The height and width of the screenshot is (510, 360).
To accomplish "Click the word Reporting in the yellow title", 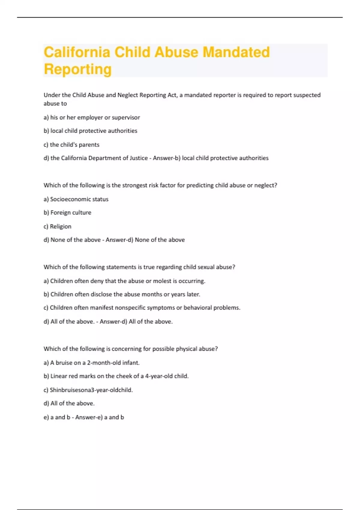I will [78, 69].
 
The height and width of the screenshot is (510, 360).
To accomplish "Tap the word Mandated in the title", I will [236, 52].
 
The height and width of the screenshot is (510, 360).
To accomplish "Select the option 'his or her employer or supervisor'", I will [95, 118].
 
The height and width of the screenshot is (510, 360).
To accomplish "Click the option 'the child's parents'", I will [74, 145].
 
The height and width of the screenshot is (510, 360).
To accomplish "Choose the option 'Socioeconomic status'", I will [79, 199].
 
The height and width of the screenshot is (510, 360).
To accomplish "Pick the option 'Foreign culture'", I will [71, 213].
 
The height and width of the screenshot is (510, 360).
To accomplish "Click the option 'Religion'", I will [61, 226].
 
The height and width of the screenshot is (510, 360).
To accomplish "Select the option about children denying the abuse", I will [127, 281].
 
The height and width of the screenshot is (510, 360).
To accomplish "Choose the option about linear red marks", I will [119, 376].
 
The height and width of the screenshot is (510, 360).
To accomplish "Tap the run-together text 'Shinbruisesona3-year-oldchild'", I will [91, 390].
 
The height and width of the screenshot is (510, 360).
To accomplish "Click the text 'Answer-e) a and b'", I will [100, 417].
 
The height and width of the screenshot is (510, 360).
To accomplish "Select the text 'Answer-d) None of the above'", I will [145, 240].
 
